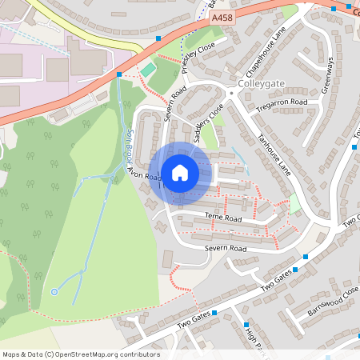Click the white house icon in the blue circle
[180, 172]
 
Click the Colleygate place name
[261, 84]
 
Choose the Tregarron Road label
[281, 103]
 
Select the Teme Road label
[222, 218]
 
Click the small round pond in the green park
[54, 292]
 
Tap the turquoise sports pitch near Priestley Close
[148, 70]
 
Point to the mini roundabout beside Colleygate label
[231, 94]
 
